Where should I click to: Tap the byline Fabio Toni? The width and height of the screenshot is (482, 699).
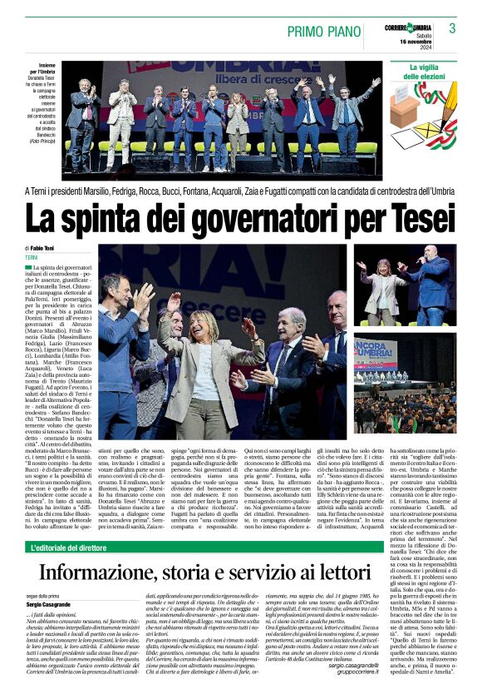click(44, 248)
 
